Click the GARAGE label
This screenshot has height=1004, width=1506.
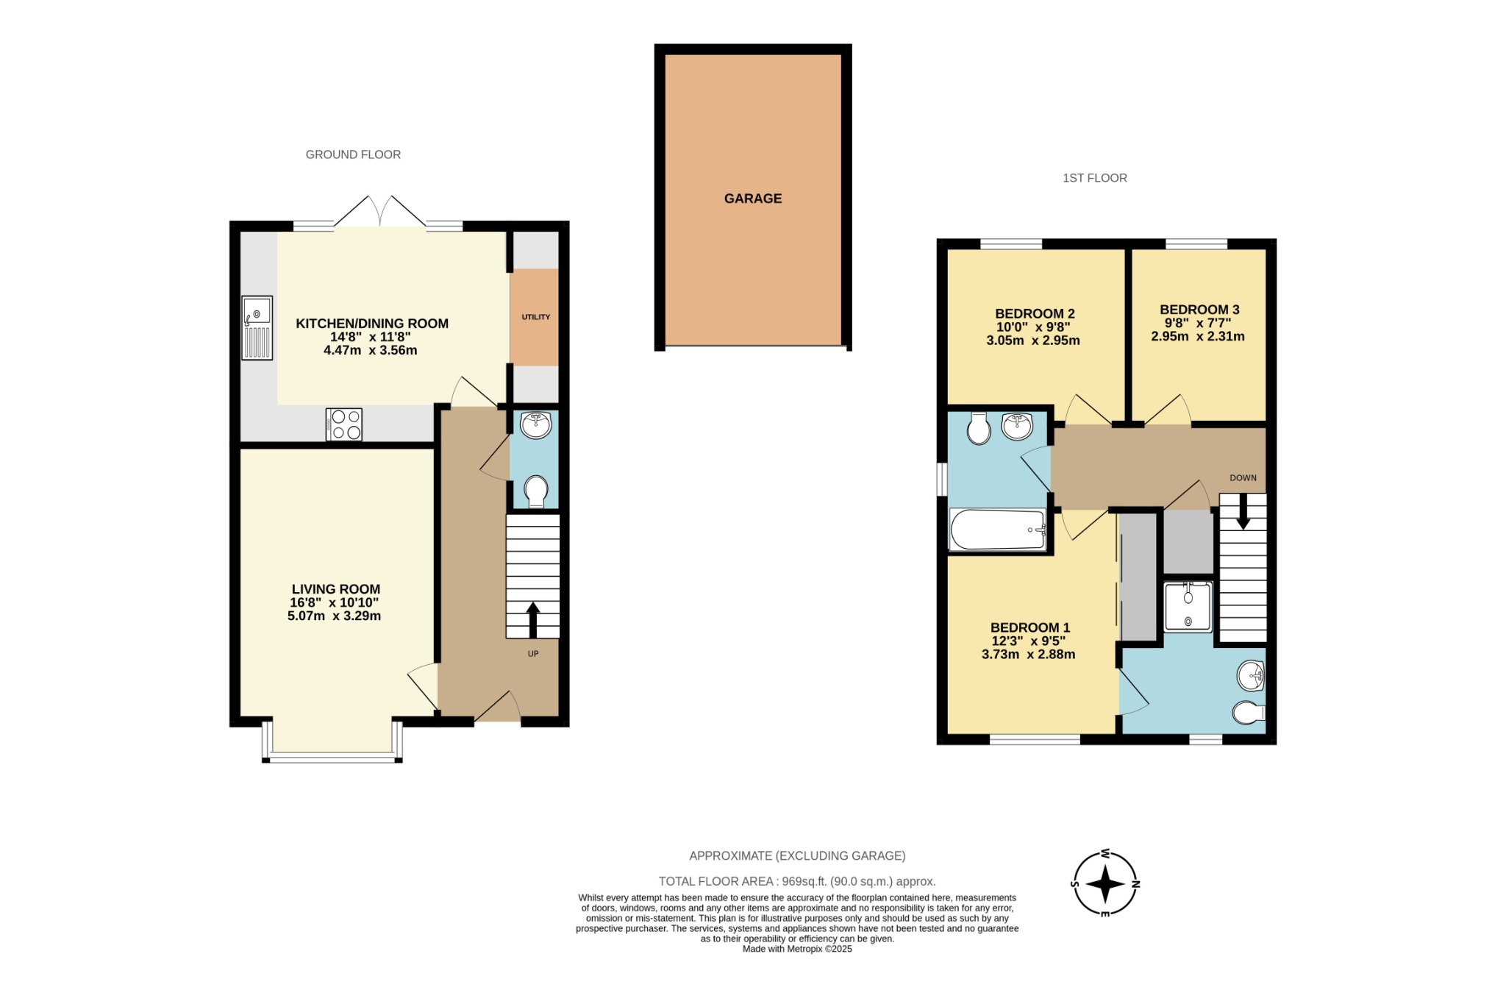pyautogui.click(x=752, y=199)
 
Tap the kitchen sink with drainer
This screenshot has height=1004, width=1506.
pyautogui.click(x=257, y=328)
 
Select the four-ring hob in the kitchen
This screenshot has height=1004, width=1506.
pyautogui.click(x=344, y=424)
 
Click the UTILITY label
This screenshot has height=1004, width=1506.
pyautogui.click(x=535, y=317)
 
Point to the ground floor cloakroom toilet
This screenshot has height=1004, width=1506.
pyautogui.click(x=535, y=491)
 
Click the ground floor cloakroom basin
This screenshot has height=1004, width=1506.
pyautogui.click(x=535, y=425)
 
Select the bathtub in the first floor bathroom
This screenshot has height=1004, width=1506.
pyautogui.click(x=997, y=530)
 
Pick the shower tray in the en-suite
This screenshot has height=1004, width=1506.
pyautogui.click(x=1188, y=606)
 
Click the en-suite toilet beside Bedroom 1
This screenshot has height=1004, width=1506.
pyautogui.click(x=1249, y=713)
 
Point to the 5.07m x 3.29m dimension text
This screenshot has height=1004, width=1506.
pyautogui.click(x=334, y=616)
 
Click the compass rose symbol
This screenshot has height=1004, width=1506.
pyautogui.click(x=1104, y=883)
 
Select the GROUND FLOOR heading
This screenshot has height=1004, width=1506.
pyautogui.click(x=353, y=154)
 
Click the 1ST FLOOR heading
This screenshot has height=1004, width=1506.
pyautogui.click(x=1094, y=178)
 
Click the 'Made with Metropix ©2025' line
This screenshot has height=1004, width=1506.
pyautogui.click(x=797, y=949)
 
